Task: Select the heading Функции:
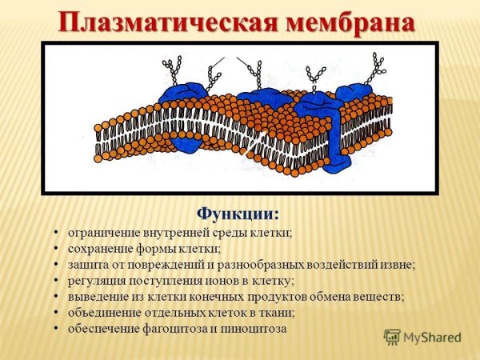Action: click(x=238, y=214)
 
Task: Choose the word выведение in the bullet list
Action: click(x=98, y=296)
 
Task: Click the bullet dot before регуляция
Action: click(x=57, y=280)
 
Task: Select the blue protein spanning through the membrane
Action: click(x=334, y=128)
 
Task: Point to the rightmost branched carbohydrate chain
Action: click(x=374, y=67)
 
